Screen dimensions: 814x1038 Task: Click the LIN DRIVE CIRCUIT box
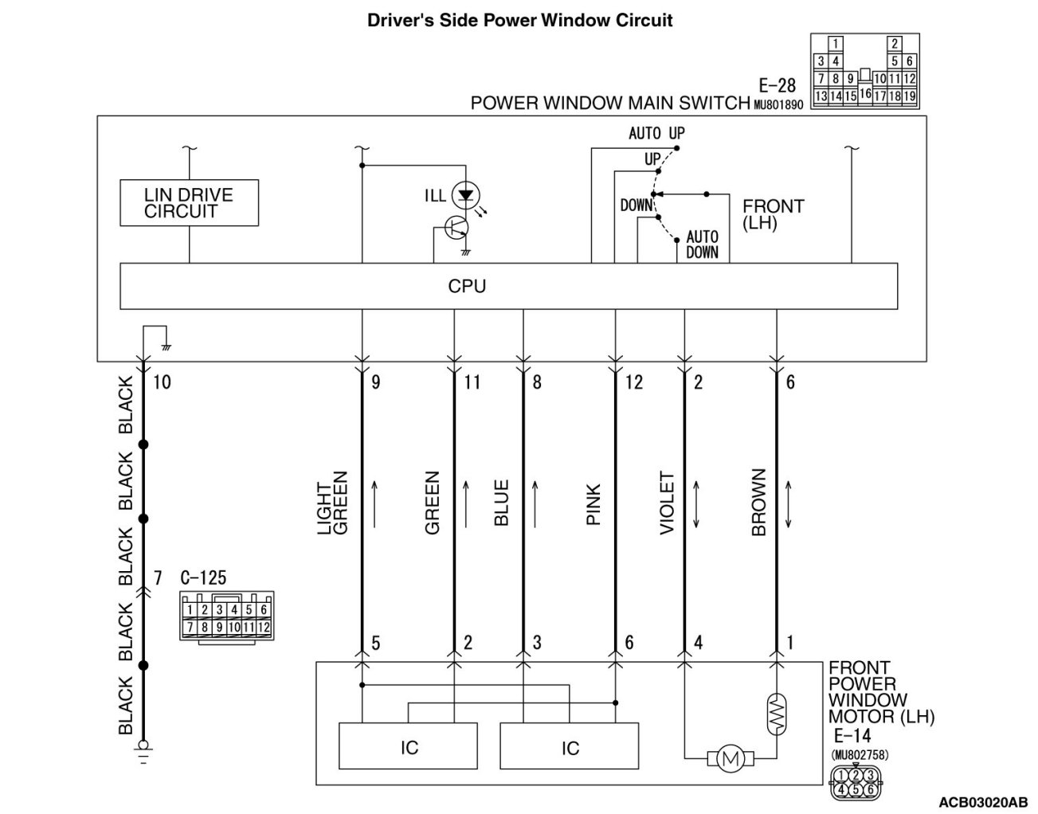[x=189, y=202]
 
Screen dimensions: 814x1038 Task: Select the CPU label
[x=467, y=286]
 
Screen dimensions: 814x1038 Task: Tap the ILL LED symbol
[x=464, y=196]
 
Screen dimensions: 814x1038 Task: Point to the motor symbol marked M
[x=729, y=760]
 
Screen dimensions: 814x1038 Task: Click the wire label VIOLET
[x=668, y=503]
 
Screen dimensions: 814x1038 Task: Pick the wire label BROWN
[x=758, y=502]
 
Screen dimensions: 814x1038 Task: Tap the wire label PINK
[x=593, y=505]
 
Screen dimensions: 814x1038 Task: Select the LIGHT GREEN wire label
[x=333, y=507]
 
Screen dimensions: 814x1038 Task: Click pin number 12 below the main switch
[x=634, y=382]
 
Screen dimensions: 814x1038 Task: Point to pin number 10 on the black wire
[x=162, y=382]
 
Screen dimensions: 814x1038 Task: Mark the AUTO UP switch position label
[x=656, y=133]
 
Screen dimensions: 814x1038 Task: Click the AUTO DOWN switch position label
[x=702, y=245]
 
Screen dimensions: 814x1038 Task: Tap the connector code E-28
[x=777, y=86]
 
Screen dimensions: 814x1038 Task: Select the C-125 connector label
[x=203, y=577]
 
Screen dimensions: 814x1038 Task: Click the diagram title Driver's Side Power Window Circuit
[x=519, y=20]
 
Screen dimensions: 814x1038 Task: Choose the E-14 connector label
[x=852, y=737]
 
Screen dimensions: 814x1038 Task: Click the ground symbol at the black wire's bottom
[x=144, y=751]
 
